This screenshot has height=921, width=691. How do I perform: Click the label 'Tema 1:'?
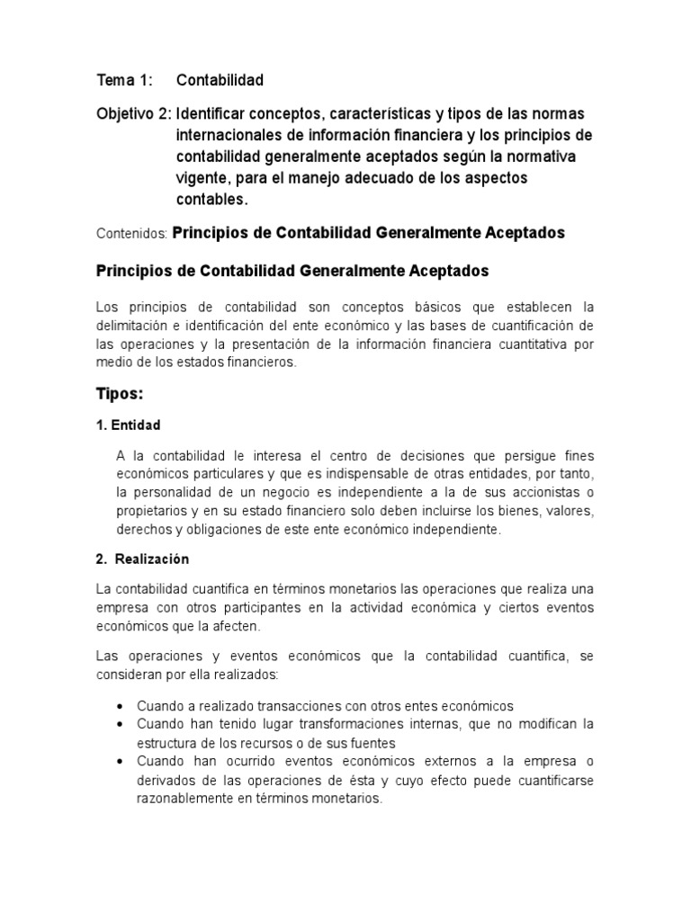[x=125, y=81]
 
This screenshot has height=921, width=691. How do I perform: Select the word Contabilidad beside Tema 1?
[x=220, y=81]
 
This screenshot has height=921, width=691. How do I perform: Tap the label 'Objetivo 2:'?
[x=134, y=115]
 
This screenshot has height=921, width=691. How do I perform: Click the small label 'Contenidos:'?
[x=131, y=234]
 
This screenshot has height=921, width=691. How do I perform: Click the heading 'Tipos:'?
[x=120, y=394]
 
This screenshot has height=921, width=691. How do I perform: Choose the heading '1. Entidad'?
[x=128, y=425]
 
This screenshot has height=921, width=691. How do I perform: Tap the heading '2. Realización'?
[x=142, y=559]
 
